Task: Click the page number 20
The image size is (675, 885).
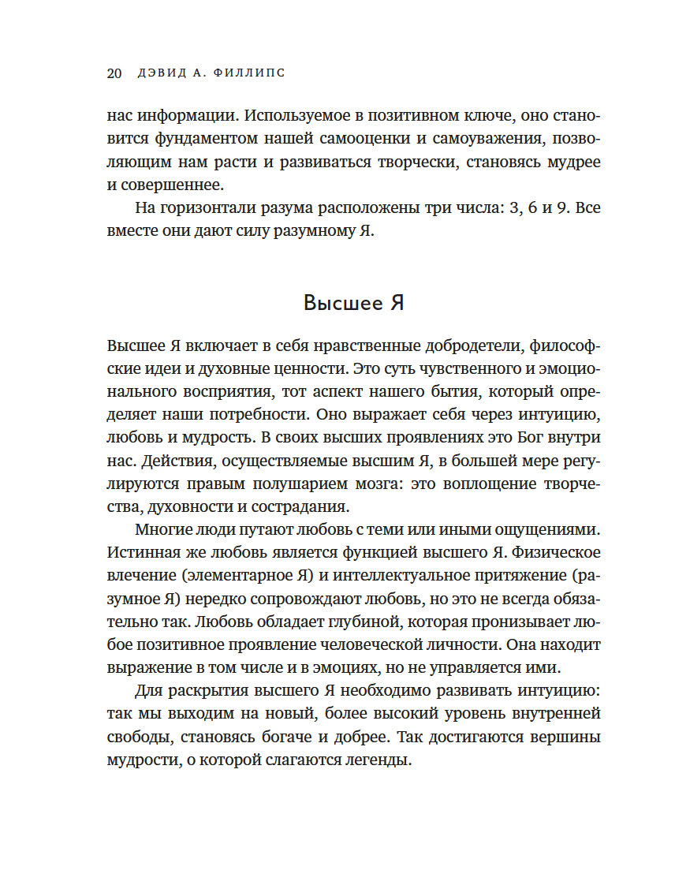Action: pyautogui.click(x=113, y=73)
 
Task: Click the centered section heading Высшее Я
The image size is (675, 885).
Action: pyautogui.click(x=354, y=303)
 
